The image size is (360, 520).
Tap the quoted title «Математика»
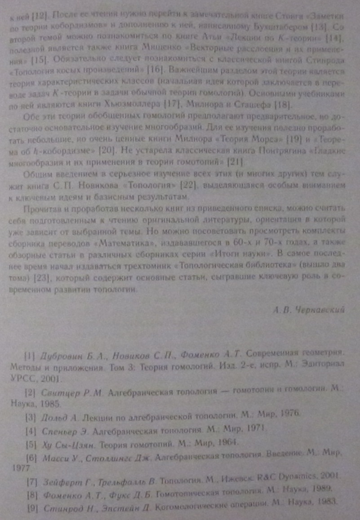[126, 243]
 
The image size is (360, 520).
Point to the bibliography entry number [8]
[31, 491]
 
